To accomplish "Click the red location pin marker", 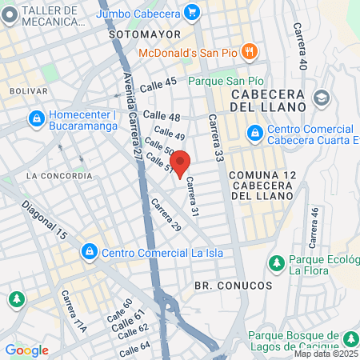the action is point(181,162).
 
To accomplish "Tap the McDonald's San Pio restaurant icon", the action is point(250,52).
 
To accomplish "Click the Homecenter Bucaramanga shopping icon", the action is point(36,119).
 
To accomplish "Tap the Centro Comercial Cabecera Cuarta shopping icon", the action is point(254,131).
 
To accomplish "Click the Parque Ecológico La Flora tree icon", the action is point(276,262).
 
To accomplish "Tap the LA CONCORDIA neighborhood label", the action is point(58,175).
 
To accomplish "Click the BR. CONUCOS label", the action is point(233,285).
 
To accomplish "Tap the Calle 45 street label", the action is point(158,85).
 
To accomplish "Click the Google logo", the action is point(26,350).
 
